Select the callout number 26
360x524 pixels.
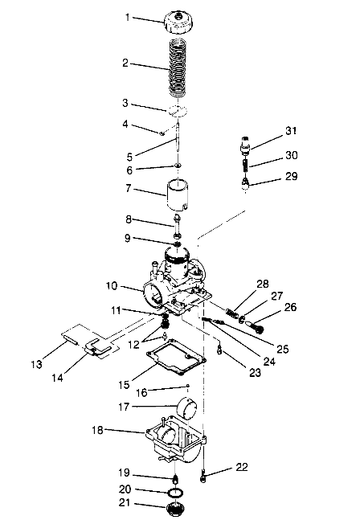(x=291, y=306)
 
